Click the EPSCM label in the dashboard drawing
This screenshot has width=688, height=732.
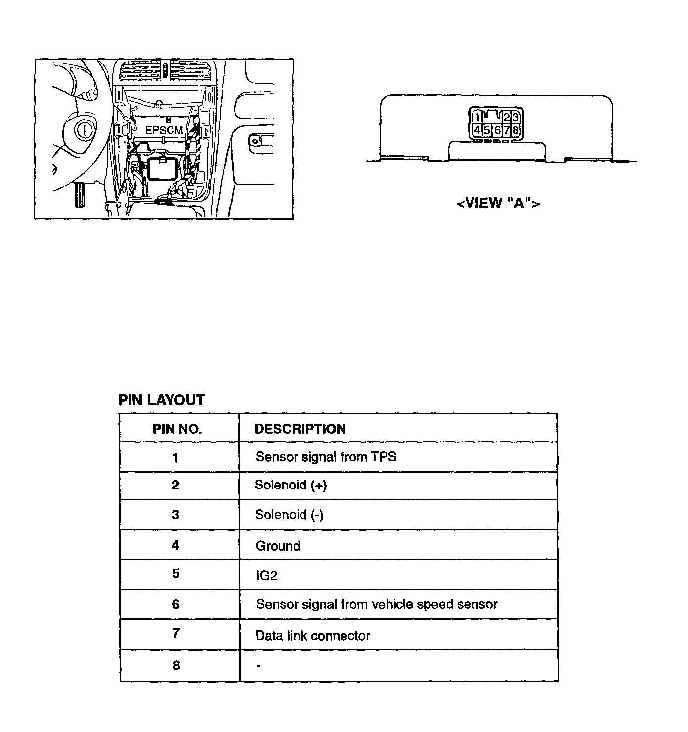(x=164, y=131)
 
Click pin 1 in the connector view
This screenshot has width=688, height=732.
(x=477, y=117)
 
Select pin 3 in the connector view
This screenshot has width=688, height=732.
(x=516, y=117)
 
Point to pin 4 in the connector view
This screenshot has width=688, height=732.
(x=477, y=130)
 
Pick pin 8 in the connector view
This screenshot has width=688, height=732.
(x=516, y=130)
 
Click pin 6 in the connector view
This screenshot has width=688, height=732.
(x=497, y=130)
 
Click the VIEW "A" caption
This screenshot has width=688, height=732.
(x=498, y=203)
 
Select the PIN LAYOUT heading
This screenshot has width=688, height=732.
(x=161, y=400)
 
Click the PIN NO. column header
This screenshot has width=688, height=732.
(x=177, y=429)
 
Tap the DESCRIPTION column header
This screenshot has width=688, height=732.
(x=300, y=429)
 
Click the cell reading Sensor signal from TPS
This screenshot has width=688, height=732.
(x=326, y=457)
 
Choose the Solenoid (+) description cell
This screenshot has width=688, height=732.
(x=291, y=485)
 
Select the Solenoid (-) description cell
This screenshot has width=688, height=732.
(x=289, y=515)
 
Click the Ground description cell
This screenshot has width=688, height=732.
(x=278, y=546)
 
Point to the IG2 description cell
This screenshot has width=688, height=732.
(x=266, y=575)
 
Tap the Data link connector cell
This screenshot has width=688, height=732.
(x=312, y=636)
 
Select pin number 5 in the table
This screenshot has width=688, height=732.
(x=176, y=574)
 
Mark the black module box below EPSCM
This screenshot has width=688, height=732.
(x=162, y=169)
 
